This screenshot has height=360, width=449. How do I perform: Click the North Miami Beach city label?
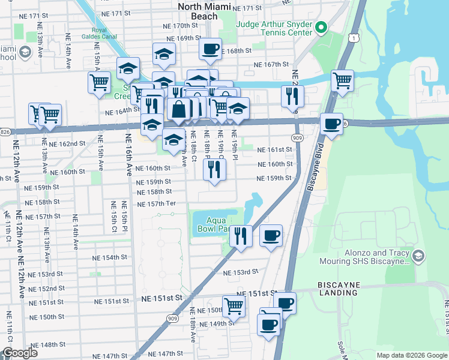tap(197, 11)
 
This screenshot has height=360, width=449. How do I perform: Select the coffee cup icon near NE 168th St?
tap(210, 49)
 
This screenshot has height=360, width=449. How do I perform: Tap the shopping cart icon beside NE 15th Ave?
tap(98, 82)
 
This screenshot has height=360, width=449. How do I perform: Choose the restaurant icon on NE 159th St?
tap(214, 170)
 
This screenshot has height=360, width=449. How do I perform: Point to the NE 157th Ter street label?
tap(156, 204)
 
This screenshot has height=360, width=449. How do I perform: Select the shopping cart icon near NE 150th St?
tap(233, 305)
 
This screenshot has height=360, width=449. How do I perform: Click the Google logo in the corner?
tap(19, 353)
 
